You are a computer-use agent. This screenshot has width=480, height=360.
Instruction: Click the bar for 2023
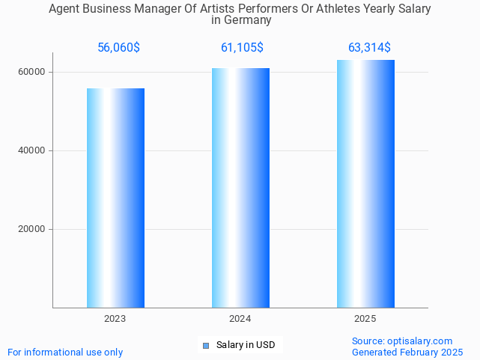[115, 198]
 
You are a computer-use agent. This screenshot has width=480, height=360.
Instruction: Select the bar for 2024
[240, 187]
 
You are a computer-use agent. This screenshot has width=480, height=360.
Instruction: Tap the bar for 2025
[365, 183]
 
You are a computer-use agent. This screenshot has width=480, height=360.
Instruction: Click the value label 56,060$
[118, 48]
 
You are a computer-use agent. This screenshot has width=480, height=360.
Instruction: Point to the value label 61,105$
[242, 48]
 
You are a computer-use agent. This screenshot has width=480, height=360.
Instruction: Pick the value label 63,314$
[369, 48]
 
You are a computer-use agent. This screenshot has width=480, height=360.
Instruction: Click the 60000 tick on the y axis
[32, 72]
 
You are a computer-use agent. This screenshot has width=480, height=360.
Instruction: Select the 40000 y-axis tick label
[32, 150]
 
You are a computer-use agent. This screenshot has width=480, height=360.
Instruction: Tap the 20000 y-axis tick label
[32, 229]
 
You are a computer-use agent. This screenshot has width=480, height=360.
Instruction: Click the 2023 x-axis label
[115, 319]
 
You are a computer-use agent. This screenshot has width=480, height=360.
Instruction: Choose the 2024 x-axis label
[240, 319]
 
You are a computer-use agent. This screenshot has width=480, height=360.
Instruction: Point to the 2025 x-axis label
[365, 319]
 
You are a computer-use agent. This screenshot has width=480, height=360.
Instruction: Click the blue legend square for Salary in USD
[206, 345]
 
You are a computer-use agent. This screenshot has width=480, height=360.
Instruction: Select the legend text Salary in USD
[245, 345]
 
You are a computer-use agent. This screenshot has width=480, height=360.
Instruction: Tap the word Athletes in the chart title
[338, 9]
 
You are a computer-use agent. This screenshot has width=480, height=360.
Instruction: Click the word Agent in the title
[64, 9]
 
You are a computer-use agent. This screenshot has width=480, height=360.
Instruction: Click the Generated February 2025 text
[407, 352]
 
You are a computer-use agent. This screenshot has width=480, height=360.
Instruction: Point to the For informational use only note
[65, 352]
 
